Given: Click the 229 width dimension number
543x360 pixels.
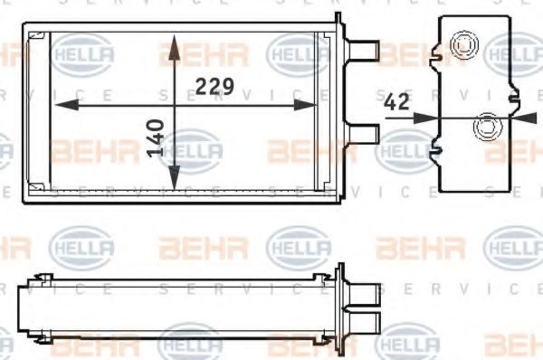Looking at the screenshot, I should [x=215, y=87].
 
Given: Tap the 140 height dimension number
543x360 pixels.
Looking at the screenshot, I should [x=155, y=137].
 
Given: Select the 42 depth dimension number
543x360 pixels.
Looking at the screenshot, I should [x=395, y=104].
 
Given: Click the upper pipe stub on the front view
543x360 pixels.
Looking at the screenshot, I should [x=363, y=45].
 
